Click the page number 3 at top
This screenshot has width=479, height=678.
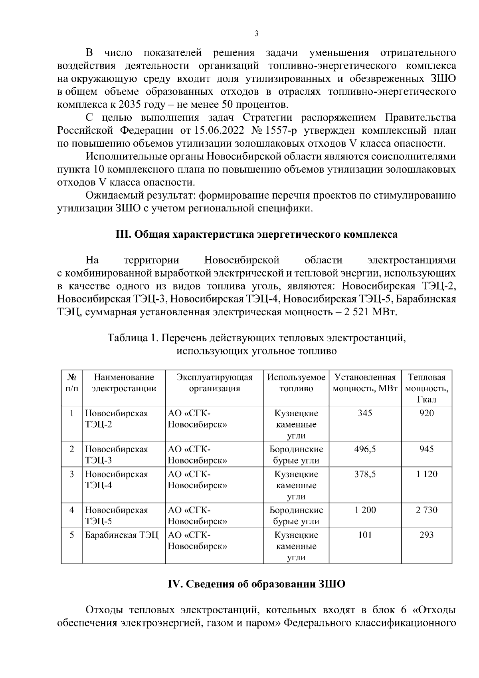(256, 34)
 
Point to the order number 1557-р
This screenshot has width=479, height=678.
(284, 131)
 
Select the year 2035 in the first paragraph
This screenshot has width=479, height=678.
(131, 105)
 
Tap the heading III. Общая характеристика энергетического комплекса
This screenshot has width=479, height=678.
(256, 234)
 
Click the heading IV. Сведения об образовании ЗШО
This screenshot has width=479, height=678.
(256, 584)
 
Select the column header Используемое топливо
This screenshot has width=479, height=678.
(296, 383)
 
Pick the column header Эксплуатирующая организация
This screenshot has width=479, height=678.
(214, 383)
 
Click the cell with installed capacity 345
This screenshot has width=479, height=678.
(365, 413)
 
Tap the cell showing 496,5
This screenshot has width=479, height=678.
(365, 449)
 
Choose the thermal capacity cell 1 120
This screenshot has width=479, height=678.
(426, 474)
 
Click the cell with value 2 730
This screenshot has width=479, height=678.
(426, 510)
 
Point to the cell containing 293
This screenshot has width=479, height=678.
(426, 535)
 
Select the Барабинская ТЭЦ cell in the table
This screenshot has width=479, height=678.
(121, 535)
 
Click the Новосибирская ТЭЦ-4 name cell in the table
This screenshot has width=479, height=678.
(116, 480)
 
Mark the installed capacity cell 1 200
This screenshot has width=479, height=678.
(365, 510)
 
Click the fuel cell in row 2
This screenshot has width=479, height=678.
(296, 455)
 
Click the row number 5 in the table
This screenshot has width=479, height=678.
(72, 535)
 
